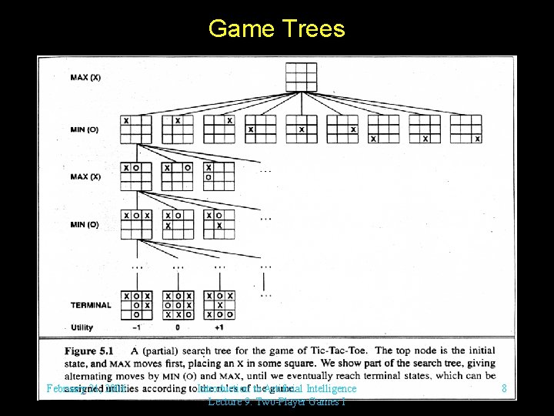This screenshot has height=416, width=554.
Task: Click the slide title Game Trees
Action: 276,29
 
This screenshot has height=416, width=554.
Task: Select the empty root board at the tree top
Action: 301,77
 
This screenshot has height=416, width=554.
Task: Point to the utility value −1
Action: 135,327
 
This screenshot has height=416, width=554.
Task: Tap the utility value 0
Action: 178,327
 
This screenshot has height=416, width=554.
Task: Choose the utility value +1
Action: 219,327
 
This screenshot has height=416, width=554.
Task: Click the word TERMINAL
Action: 90,305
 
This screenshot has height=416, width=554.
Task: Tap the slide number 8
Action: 504,389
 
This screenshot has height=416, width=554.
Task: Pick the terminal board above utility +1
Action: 219,305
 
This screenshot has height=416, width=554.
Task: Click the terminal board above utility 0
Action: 178,305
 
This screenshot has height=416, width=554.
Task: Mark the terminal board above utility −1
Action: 136,305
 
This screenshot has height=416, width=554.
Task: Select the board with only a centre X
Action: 301,129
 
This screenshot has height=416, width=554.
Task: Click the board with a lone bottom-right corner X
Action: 466,129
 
